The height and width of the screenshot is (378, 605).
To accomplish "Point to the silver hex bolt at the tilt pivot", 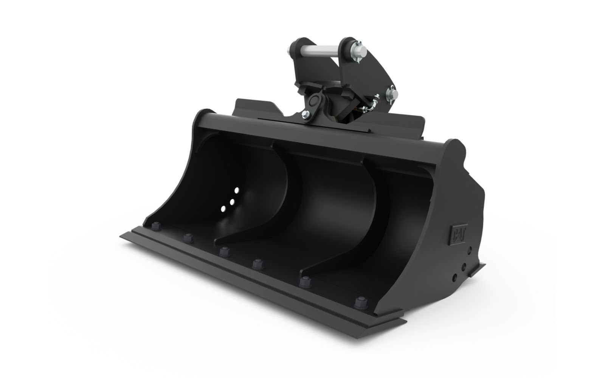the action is coord(306,115).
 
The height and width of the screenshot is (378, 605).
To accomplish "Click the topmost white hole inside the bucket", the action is coord(237,191).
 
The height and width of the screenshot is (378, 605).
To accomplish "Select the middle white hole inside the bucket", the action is coord(232,202).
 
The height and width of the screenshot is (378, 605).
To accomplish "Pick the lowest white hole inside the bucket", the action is coord(223,209).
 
